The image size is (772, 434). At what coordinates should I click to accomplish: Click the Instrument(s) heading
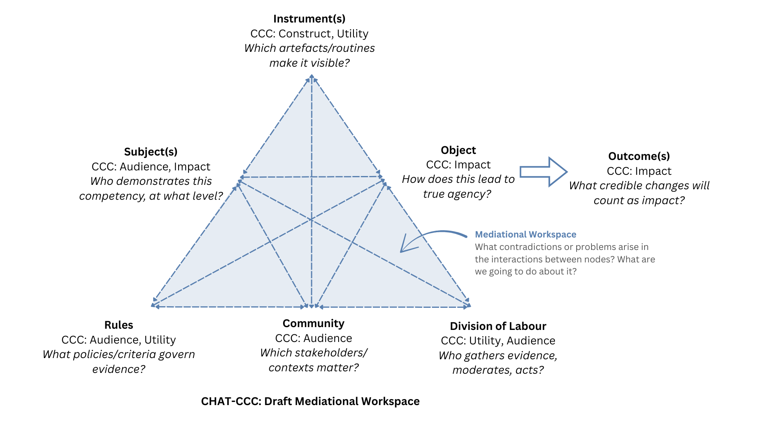pos(309,19)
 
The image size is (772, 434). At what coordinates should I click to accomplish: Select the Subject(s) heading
pos(151,152)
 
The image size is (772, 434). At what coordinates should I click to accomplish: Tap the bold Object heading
pos(458,150)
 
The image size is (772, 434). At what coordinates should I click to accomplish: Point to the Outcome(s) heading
pos(639,156)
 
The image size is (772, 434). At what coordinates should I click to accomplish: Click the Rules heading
pos(119,325)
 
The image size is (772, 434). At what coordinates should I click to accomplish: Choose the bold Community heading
pos(313,323)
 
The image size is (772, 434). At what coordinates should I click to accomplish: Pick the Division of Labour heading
pos(498,326)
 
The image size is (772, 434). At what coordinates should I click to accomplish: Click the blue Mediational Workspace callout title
pos(526,235)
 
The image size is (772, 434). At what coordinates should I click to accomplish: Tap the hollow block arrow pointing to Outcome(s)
pos(543,172)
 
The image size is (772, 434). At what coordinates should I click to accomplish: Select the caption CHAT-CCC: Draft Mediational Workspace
pos(310,401)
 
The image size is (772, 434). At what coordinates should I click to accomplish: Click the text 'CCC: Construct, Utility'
pos(309,34)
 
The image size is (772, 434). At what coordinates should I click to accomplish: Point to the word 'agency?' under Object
pos(472,194)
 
